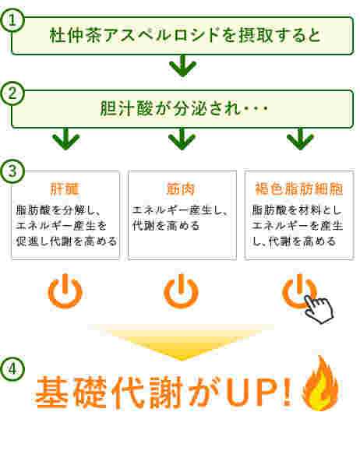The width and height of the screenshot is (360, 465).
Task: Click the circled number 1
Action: (12, 20)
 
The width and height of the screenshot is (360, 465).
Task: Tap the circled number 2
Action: (12, 93)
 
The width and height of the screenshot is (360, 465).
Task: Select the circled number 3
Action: (12, 171)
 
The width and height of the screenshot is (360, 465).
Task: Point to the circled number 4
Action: (12, 369)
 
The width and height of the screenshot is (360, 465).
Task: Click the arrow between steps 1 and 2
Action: (182, 66)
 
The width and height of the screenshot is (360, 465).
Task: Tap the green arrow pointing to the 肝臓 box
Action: (66, 139)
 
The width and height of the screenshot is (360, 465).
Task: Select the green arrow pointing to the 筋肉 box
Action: (182, 139)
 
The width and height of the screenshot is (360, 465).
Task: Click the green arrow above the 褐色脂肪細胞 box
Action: (300, 139)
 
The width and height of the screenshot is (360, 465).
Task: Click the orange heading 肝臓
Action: (65, 189)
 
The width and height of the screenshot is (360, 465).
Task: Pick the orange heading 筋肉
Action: (180, 189)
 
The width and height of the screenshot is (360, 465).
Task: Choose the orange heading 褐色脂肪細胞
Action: (299, 189)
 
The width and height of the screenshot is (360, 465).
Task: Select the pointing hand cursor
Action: (319, 309)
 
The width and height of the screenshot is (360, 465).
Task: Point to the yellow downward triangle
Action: (181, 341)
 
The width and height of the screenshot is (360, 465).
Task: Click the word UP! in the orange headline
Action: (259, 392)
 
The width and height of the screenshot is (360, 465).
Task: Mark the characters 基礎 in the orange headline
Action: (71, 392)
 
